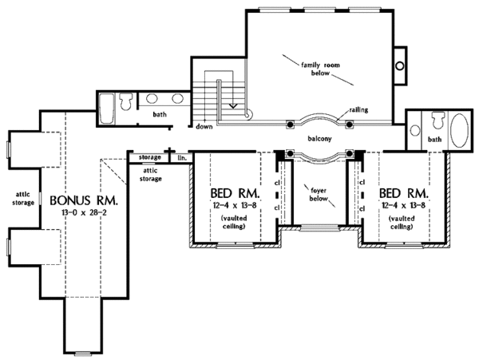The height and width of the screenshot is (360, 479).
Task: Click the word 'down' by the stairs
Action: [204, 126]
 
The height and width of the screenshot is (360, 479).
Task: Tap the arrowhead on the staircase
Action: [232, 104]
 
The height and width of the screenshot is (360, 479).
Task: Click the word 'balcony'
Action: [319, 137]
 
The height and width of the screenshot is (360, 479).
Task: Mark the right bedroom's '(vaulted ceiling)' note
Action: [402, 222]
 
